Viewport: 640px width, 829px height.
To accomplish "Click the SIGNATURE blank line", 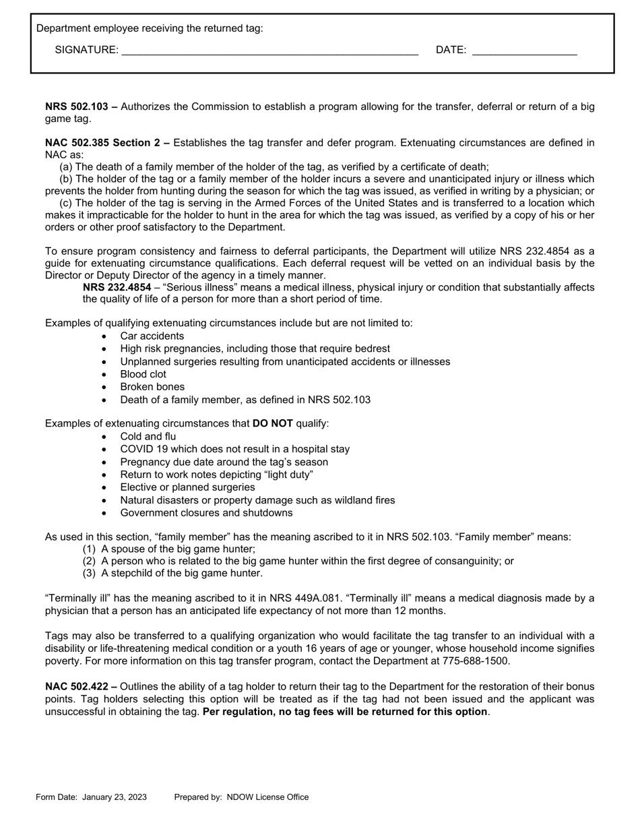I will coord(269,51).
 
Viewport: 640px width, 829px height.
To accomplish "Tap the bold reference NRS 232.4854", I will coord(117,287).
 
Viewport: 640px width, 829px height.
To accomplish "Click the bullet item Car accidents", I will coord(152,336).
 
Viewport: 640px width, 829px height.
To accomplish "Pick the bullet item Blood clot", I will coord(143,374).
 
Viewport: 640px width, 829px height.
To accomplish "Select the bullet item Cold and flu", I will coord(148,436).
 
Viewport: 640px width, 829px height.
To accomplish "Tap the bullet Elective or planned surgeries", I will coord(187,487).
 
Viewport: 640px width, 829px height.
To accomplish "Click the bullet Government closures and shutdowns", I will coord(206,512).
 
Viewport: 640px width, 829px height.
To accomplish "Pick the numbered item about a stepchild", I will coord(181,573).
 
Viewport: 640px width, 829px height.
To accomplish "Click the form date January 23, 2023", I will coord(115,797).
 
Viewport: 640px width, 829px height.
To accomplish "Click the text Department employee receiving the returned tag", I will coord(150,28).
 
